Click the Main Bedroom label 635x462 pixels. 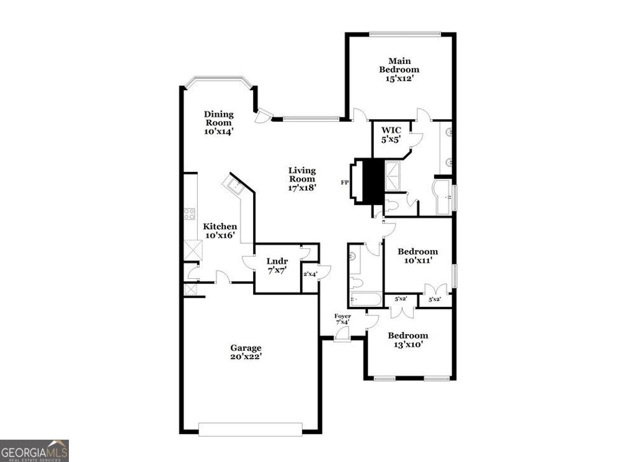pos(399,70)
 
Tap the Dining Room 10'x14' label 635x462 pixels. pos(219,122)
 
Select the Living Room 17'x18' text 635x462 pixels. pos(302,179)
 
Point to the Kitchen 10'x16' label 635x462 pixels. pos(220,231)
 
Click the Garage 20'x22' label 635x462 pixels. pos(246,352)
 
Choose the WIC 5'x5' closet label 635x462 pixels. pos(391,135)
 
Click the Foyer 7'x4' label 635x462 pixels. pos(343,319)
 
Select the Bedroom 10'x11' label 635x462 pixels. pos(417,256)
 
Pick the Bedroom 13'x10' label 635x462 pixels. pos(407,340)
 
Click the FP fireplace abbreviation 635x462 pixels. pos(345,183)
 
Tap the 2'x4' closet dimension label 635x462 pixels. pos(309,274)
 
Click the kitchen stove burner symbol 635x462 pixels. pos(189,214)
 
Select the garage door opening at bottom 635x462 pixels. pos(250,429)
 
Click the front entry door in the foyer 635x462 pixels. pos(342,335)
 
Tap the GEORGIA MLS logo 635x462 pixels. pos(34,450)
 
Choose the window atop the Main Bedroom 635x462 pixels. pos(404,34)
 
